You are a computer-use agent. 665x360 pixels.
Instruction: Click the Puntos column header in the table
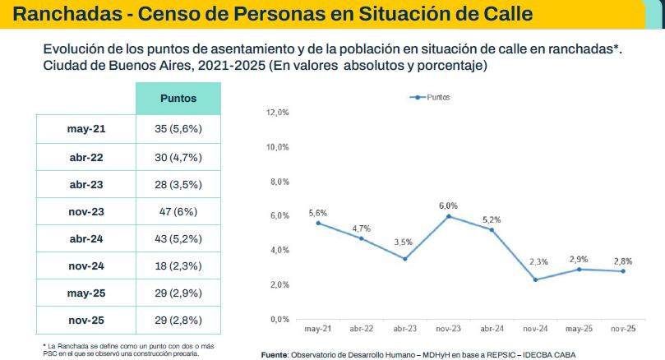click(178, 98)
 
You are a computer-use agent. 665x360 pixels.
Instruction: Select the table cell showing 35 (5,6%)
click(178, 129)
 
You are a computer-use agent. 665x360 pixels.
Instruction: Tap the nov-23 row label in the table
click(86, 211)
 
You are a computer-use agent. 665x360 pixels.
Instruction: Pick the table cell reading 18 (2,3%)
click(178, 265)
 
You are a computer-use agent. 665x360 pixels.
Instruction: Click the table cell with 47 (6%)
click(178, 211)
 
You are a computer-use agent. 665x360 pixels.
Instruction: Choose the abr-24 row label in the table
click(86, 238)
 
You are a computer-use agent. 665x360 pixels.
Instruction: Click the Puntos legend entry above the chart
click(431, 97)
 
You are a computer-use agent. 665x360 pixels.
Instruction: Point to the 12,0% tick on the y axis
click(278, 113)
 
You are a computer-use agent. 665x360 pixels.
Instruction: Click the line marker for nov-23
click(449, 216)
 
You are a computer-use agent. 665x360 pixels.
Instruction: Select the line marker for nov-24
click(536, 279)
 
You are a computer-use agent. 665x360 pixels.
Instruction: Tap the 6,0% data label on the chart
click(449, 205)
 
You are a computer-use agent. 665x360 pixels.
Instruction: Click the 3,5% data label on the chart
click(405, 242)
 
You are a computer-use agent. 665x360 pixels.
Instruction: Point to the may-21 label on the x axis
click(317, 329)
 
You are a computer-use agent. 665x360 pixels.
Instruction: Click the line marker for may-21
click(318, 223)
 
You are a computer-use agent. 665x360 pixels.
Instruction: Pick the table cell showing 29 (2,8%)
click(178, 321)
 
